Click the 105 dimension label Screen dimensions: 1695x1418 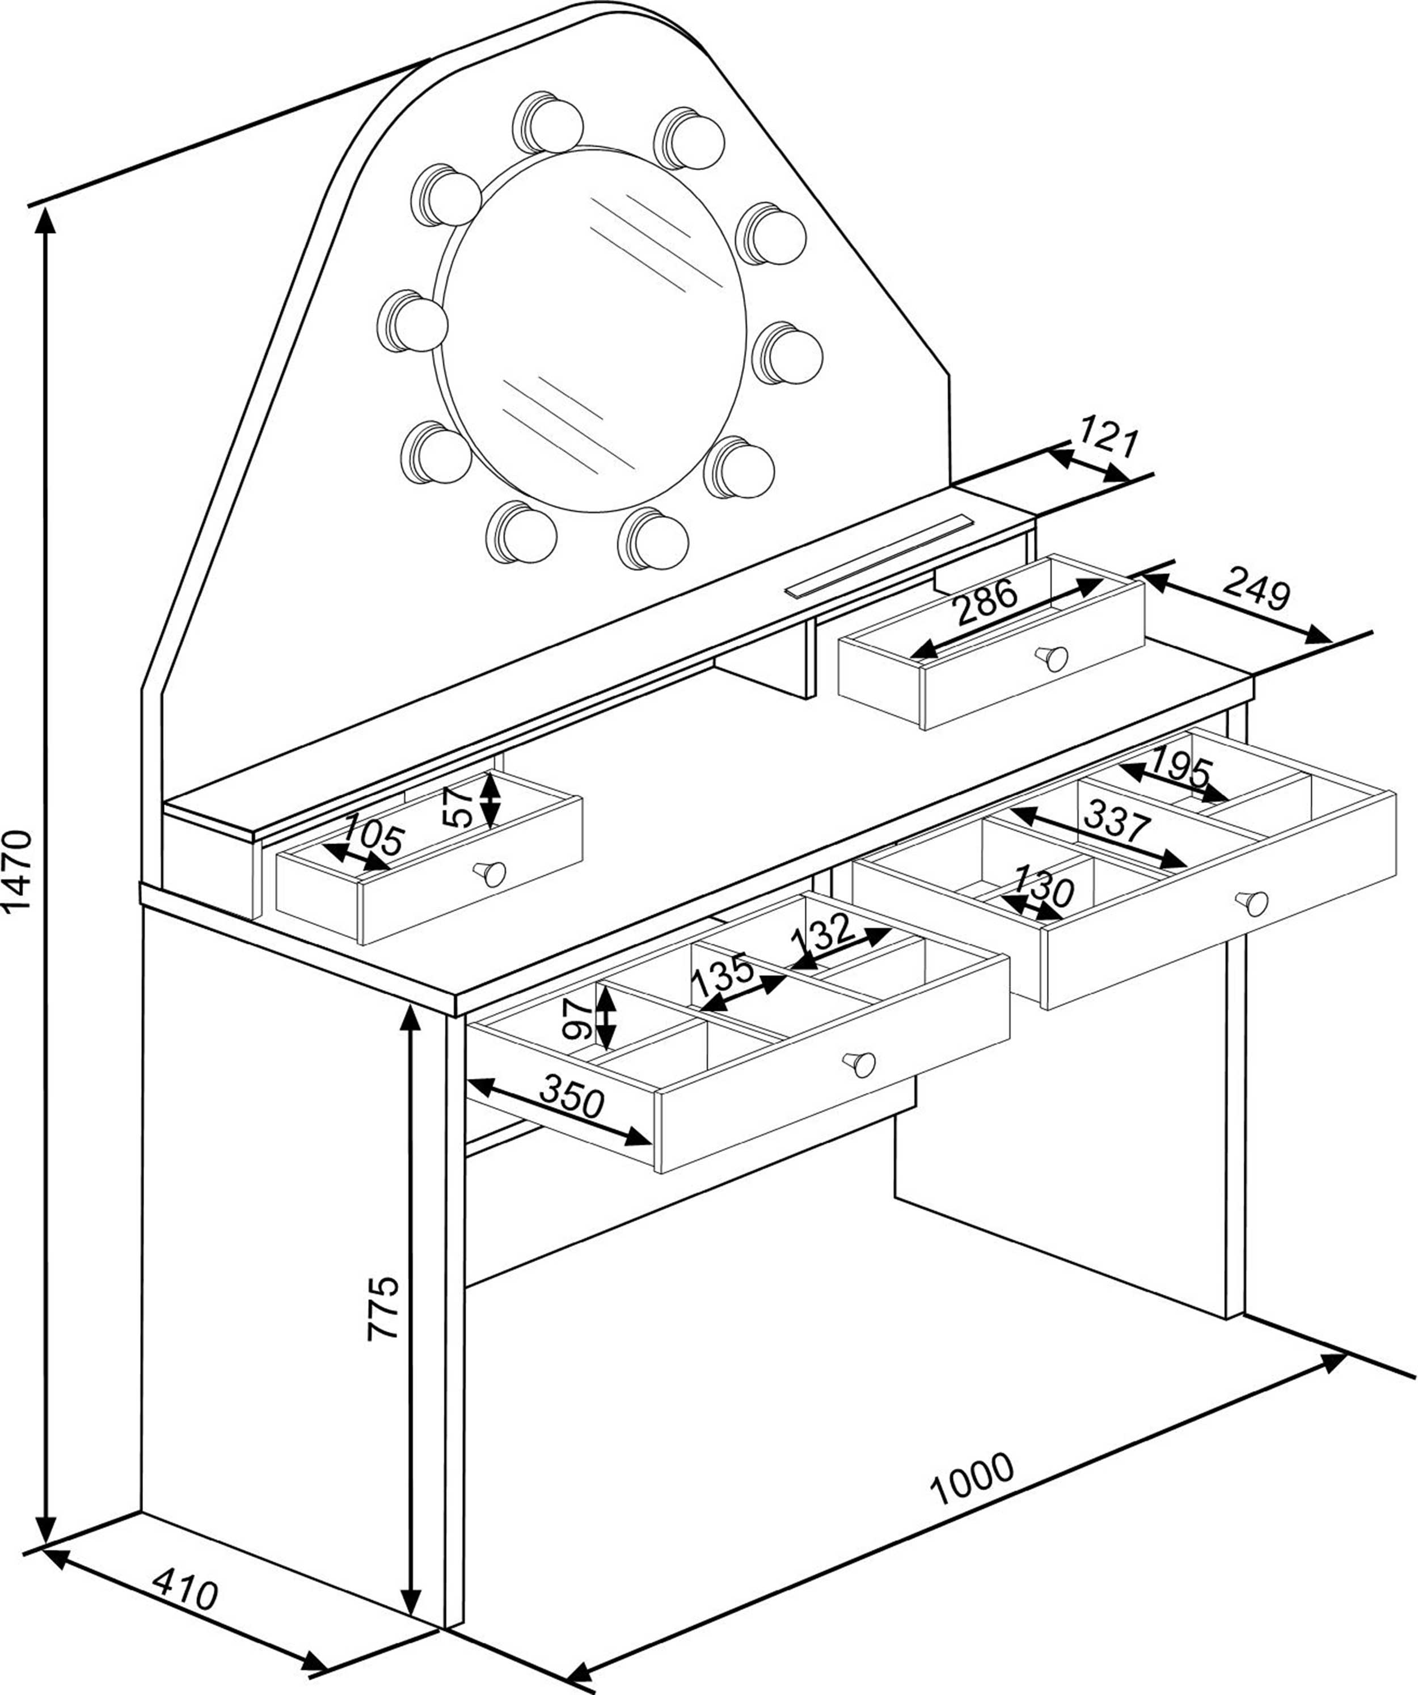(373, 836)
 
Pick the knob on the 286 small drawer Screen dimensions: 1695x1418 (1054, 659)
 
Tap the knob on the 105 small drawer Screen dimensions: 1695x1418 (492, 874)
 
